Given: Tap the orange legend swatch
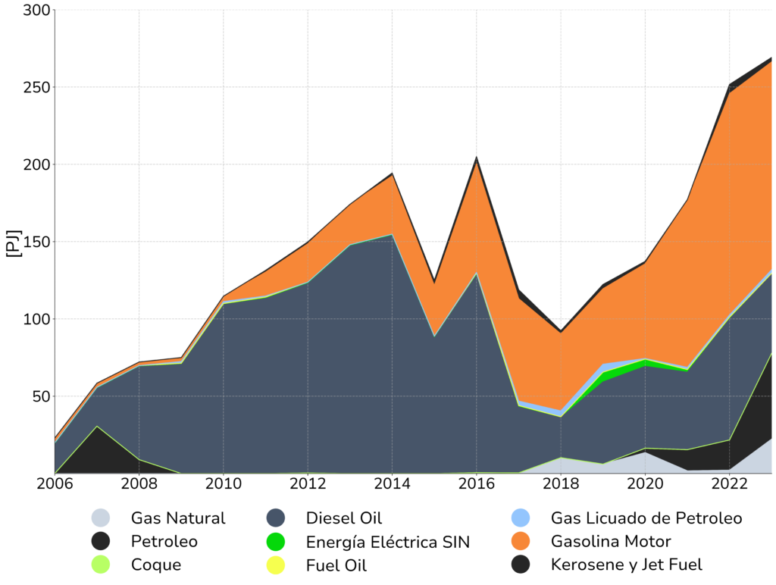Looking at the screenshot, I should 530,544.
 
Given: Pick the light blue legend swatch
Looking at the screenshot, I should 530,521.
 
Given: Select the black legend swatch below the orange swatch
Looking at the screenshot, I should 530,568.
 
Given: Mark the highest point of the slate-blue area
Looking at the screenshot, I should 392,236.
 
